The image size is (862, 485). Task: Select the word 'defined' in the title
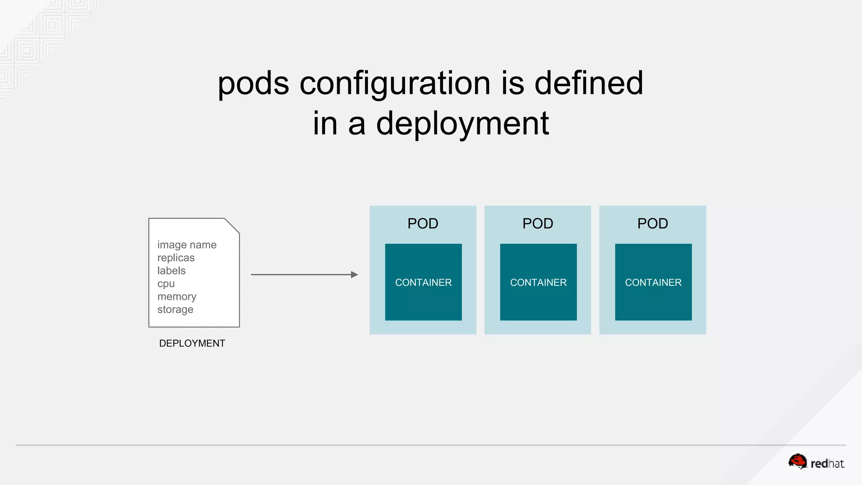pos(588,83)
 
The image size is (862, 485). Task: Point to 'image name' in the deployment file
pos(187,245)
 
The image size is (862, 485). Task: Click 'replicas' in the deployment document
pos(176,258)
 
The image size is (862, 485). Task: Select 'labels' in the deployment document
pos(171,271)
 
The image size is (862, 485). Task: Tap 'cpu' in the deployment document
pos(166,284)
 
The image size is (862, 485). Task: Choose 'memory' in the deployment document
pos(177,297)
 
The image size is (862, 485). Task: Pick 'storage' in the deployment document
pos(175,309)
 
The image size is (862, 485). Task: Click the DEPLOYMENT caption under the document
pos(192,343)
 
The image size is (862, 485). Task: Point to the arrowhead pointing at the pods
pos(354,274)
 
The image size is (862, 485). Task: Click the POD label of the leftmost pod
pos(423,224)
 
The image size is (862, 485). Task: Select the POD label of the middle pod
pos(537,224)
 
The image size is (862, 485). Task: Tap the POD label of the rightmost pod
pos(652,224)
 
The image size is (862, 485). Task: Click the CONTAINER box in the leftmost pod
pos(423,282)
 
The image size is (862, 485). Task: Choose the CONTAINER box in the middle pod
pos(538,282)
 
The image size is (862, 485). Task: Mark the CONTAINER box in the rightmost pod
pos(653,282)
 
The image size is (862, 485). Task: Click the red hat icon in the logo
pos(797,461)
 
